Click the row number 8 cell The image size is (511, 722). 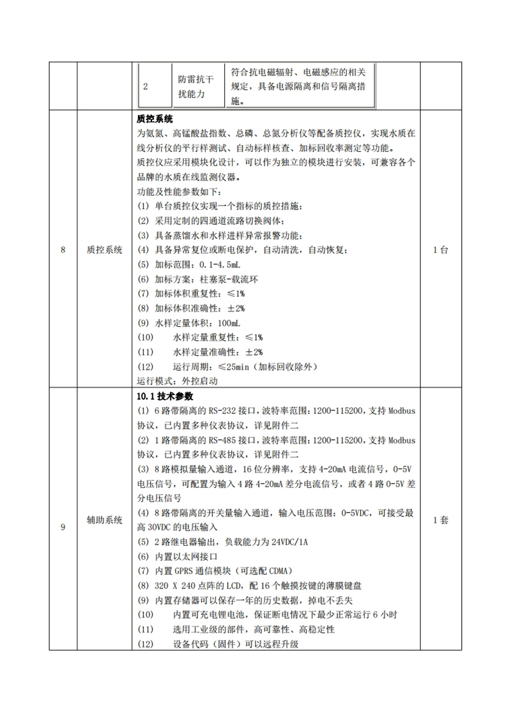coord(63,250)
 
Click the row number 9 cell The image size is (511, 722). coord(63,520)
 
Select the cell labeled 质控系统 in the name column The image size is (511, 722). coord(105,250)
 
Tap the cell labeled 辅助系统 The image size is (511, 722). coord(105,520)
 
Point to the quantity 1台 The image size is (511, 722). coord(440,250)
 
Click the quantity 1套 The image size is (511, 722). coord(440,520)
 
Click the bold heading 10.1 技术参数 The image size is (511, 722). coord(164,396)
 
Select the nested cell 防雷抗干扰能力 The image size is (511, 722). coord(196,87)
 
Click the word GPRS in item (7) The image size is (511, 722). coord(187,571)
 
